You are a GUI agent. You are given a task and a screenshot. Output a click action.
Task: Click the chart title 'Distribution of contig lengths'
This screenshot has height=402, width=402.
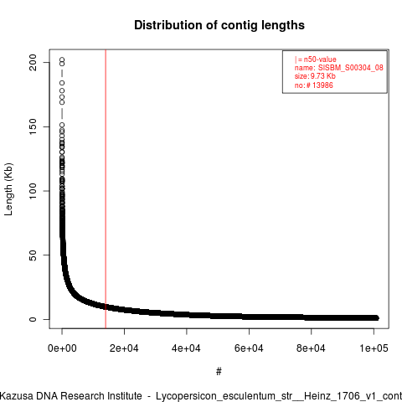[219, 25]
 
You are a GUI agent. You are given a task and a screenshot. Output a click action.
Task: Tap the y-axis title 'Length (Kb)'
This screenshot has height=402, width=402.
[8, 189]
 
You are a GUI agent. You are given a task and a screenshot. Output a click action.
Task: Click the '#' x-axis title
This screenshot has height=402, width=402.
[219, 372]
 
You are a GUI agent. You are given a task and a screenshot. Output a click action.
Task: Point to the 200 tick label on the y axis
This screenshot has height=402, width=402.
[33, 62]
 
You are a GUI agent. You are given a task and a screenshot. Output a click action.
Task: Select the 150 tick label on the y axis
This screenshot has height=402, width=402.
[33, 126]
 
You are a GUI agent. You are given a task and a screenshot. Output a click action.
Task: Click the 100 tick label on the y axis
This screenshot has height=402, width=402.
[33, 191]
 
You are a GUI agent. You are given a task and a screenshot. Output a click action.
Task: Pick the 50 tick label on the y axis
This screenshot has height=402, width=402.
[33, 255]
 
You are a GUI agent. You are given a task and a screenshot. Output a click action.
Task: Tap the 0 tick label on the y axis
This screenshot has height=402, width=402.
[33, 319]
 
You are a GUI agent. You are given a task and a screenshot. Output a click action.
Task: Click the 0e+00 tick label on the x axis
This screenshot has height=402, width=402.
[62, 348]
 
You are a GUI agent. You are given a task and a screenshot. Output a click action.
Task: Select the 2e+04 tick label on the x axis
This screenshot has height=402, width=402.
[124, 348]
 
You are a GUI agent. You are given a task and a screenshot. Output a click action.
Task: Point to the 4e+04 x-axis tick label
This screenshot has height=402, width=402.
[187, 348]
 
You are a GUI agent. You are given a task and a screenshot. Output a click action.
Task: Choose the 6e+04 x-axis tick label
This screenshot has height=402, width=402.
[249, 348]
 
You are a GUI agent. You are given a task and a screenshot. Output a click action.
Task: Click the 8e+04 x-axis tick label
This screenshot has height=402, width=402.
[312, 348]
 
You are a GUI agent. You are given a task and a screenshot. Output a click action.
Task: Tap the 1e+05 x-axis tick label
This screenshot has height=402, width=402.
[374, 348]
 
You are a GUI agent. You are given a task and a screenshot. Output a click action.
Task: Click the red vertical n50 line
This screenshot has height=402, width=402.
[106, 189]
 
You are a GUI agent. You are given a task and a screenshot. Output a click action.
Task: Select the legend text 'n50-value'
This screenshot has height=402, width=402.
[320, 59]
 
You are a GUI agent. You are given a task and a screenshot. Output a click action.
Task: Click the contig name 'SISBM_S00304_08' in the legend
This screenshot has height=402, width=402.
[351, 68]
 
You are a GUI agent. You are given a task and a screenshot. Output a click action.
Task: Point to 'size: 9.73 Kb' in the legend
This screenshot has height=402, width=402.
[315, 76]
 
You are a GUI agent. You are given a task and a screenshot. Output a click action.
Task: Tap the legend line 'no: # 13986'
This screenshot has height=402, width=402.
[314, 85]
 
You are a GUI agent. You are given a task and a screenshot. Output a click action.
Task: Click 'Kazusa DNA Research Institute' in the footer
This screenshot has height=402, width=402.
[71, 396]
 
